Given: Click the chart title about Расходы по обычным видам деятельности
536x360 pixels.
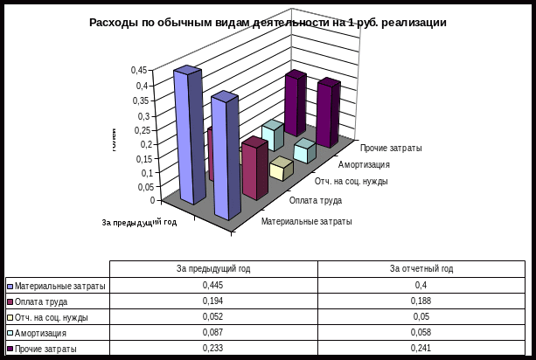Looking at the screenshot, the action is tap(268, 23).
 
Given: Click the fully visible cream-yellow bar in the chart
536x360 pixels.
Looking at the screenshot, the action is tap(281, 169).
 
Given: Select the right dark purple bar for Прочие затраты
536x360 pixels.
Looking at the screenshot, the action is tap(326, 114).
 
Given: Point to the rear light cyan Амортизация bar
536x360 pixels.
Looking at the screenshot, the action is tap(272, 136).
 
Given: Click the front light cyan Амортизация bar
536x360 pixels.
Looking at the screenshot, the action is tap(303, 151).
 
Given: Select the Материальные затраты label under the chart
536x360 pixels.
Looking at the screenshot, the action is tap(306, 221).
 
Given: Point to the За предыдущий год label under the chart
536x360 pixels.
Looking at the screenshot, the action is tap(140, 223).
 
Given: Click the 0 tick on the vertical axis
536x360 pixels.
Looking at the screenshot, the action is tap(153, 200).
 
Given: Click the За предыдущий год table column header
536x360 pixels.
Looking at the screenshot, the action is tap(213, 269).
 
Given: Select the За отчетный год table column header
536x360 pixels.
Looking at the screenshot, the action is tap(421, 269).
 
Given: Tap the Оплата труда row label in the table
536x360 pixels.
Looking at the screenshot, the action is tap(58, 301).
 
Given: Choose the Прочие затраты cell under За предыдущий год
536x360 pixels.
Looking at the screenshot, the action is tap(213, 348).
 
